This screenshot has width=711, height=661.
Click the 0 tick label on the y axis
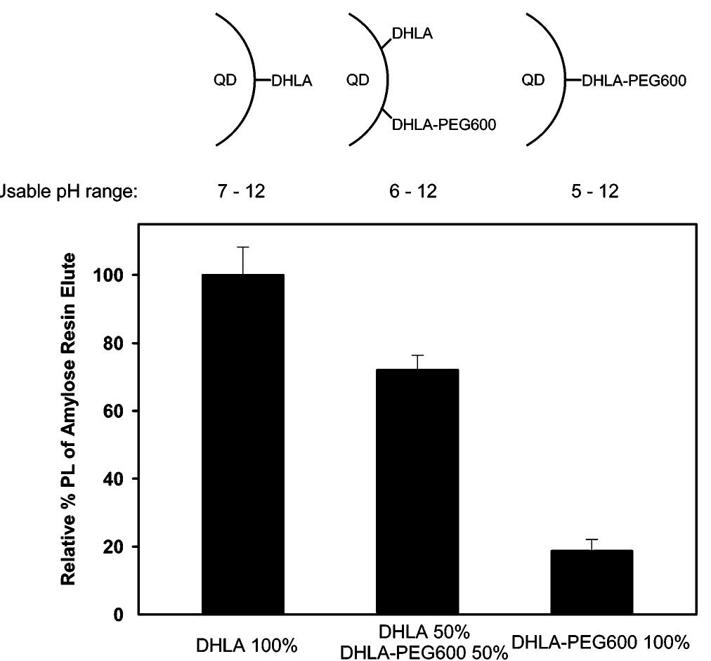point(117,615)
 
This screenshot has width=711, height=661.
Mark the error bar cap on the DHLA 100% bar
point(243,247)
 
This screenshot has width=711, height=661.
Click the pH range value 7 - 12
point(241,191)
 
